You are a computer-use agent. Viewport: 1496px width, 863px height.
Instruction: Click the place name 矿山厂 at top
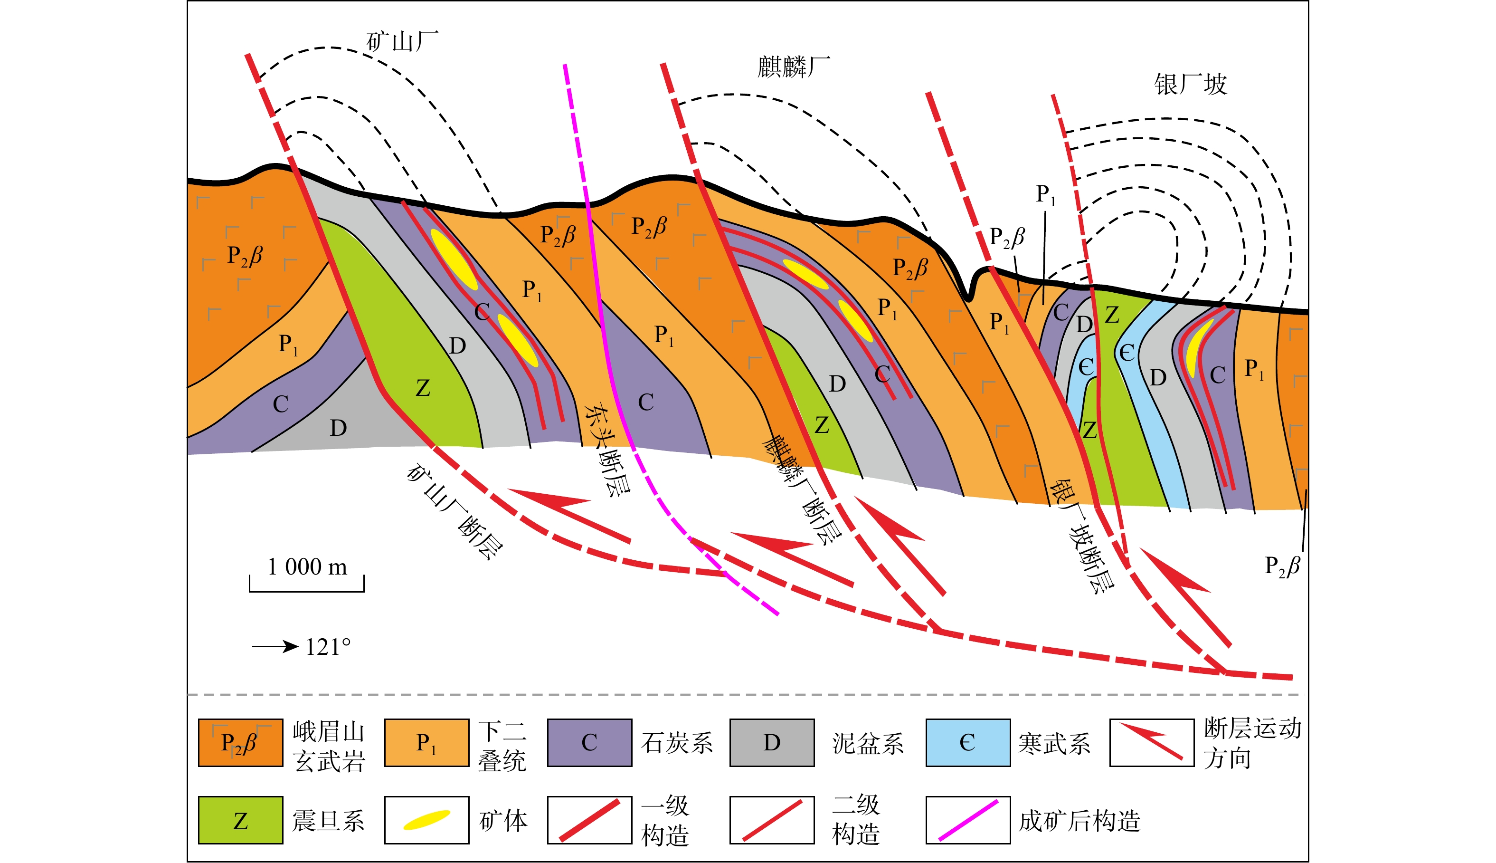click(403, 41)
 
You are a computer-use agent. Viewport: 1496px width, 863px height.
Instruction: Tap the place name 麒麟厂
click(794, 67)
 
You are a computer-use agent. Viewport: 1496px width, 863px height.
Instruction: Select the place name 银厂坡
click(1191, 84)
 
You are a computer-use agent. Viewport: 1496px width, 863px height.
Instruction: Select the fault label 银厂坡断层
click(1082, 537)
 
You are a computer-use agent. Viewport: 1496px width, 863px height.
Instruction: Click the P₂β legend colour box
click(240, 743)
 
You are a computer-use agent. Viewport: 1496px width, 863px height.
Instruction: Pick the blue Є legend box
click(968, 743)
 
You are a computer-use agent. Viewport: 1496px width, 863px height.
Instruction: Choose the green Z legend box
click(240, 820)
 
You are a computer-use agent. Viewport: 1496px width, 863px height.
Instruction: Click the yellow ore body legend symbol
click(426, 820)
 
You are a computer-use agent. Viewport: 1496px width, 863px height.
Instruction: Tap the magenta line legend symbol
click(968, 820)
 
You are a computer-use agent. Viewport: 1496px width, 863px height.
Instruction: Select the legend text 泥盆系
click(868, 743)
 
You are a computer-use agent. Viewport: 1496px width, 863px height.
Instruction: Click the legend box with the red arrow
click(1152, 743)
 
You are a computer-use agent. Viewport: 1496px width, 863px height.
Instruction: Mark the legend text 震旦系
click(328, 821)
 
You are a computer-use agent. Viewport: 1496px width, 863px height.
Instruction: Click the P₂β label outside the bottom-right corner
click(1282, 566)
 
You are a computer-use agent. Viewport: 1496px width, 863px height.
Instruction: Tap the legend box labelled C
click(590, 743)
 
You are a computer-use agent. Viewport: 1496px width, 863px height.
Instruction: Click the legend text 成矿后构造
click(1079, 821)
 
